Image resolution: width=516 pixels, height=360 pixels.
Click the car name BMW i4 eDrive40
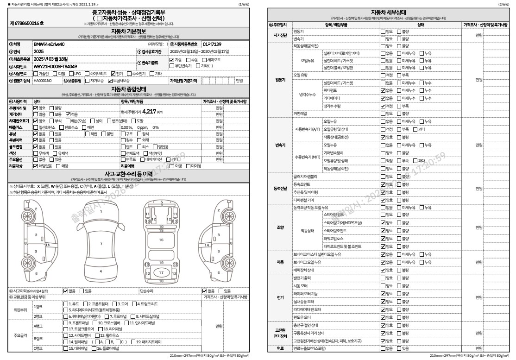49,44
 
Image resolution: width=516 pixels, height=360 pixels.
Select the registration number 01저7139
212,44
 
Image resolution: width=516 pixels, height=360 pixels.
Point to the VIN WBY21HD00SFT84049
55,66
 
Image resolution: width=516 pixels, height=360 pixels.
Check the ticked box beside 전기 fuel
113,74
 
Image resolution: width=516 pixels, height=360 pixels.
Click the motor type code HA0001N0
42,81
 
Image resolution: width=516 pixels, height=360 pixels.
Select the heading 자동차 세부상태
389,12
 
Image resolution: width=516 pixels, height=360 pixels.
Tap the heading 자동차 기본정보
129,32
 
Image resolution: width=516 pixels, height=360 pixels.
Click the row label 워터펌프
330,90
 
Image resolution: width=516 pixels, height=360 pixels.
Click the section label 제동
280,262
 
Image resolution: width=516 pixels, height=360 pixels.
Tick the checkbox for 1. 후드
65,304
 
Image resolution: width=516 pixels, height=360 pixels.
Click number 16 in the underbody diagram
161,240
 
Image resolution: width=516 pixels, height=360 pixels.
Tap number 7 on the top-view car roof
101,243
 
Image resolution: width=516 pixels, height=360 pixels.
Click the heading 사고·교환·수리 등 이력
129,174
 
